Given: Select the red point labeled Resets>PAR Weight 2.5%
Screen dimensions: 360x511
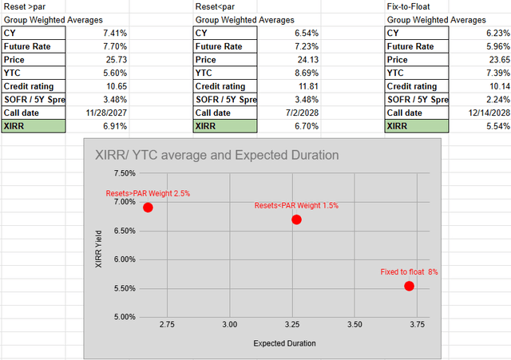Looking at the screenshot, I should pos(148,208).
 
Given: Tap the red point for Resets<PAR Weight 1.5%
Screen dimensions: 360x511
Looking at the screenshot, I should pos(296,220).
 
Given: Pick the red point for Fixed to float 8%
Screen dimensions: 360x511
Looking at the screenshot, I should pos(410,286).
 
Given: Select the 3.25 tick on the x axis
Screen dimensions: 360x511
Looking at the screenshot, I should pos(292,325).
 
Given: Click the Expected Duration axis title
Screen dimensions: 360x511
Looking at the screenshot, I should pos(284,343).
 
